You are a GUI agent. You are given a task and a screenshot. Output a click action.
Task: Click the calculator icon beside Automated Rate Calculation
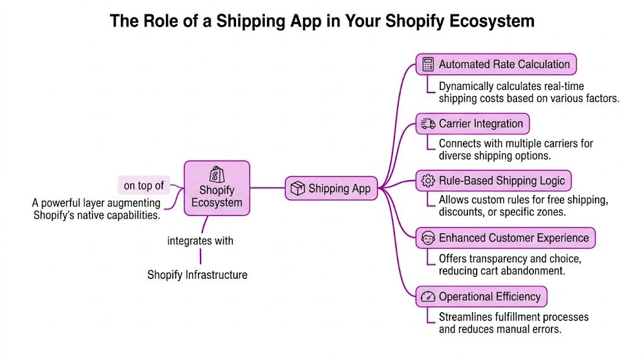tap(428, 64)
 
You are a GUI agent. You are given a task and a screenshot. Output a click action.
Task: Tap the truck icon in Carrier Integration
tap(428, 123)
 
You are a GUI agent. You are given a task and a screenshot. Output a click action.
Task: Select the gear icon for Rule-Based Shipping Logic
tap(428, 181)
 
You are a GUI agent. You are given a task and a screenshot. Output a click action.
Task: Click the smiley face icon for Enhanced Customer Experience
tap(428, 239)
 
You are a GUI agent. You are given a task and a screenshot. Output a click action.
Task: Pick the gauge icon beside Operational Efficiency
tap(428, 296)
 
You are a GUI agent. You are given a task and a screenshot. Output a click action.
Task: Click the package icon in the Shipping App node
tap(297, 188)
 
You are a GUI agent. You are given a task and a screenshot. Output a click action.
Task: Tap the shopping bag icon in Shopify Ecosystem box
tap(216, 174)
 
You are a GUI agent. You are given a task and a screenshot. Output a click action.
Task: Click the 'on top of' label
tap(144, 185)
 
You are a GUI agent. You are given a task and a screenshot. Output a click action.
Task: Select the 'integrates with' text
tap(200, 240)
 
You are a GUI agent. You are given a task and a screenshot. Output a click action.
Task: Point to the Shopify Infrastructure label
tap(197, 274)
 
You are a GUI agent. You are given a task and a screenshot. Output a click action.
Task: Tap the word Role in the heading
tap(158, 21)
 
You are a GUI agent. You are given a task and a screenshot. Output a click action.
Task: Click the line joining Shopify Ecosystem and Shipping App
tap(267, 188)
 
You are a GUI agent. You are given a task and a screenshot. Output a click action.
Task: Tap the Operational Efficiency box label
tap(489, 296)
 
